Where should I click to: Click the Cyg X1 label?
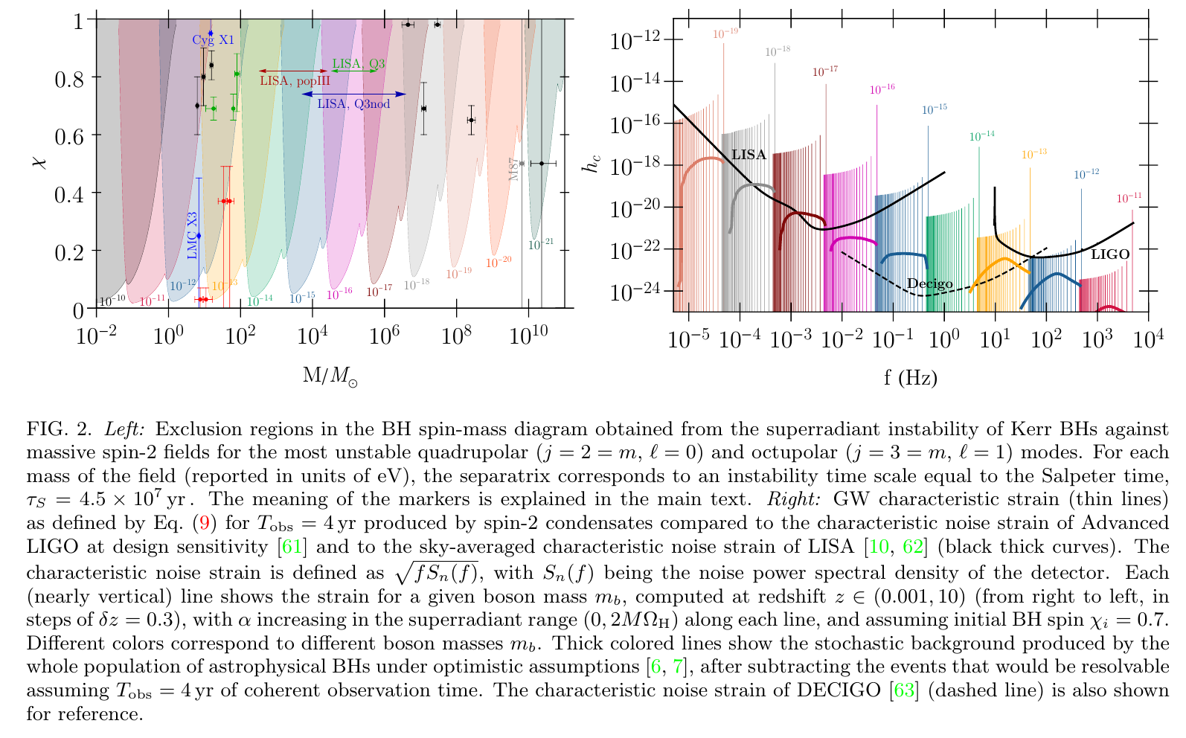click(x=213, y=41)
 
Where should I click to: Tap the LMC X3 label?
click(x=193, y=236)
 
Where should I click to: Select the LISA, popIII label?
click(x=295, y=80)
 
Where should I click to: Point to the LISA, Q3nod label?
click(x=353, y=104)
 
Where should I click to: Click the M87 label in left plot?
click(x=514, y=169)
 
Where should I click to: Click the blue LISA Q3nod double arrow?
click(x=354, y=94)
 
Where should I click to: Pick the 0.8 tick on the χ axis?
click(x=69, y=77)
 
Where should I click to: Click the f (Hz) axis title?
click(x=911, y=377)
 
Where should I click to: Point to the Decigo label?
click(x=929, y=283)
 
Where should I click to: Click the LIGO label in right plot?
click(x=1110, y=254)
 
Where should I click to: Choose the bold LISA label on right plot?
click(x=749, y=155)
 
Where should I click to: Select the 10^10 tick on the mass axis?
click(x=528, y=336)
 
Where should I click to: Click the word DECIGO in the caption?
click(x=839, y=690)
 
